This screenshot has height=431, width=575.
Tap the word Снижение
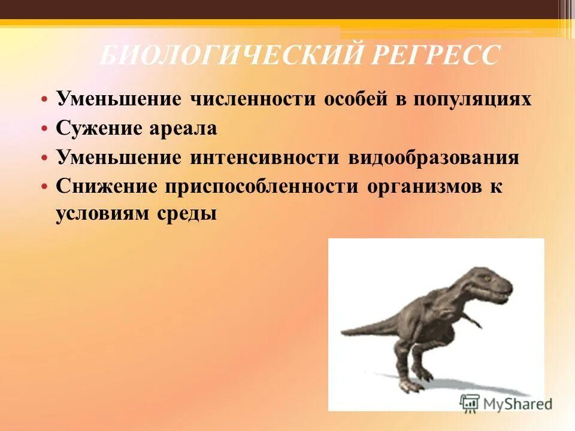(x=105, y=186)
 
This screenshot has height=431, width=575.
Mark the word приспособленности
(x=267, y=186)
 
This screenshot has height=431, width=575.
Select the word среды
(x=191, y=214)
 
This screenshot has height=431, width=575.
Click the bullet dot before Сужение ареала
(x=44, y=128)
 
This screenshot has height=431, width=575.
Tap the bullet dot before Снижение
(x=44, y=186)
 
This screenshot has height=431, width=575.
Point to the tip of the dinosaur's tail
(x=342, y=334)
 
